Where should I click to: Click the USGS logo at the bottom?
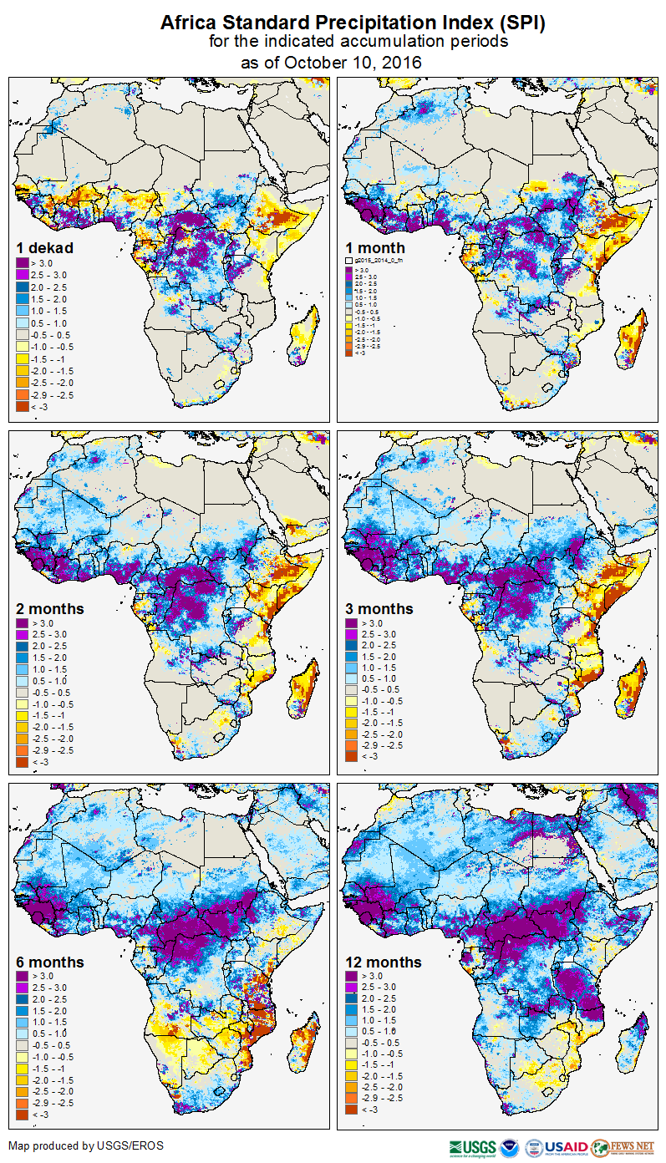tap(473, 1147)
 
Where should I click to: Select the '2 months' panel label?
tap(50, 609)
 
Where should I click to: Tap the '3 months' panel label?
tap(379, 609)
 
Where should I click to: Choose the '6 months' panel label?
tap(50, 962)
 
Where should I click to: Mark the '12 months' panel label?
tap(383, 962)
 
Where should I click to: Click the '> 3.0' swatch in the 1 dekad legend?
tap(22, 263)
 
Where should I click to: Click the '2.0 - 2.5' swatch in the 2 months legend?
tap(22, 646)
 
